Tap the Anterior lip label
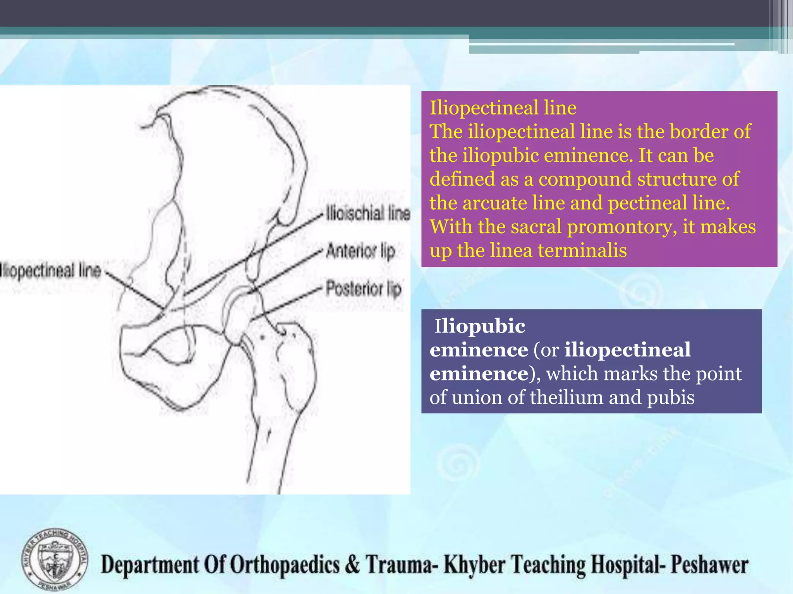(x=360, y=251)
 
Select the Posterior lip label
(x=363, y=289)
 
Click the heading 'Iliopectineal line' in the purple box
(x=503, y=108)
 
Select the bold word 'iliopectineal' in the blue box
(x=627, y=350)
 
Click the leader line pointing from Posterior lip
(x=287, y=304)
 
